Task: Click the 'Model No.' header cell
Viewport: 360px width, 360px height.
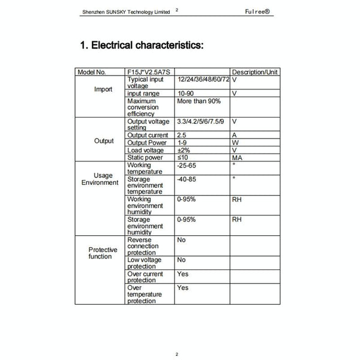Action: point(92,72)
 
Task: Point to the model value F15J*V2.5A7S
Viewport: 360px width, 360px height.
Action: point(148,72)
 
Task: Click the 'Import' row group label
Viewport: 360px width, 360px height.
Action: point(103,89)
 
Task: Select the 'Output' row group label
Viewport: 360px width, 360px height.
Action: point(104,141)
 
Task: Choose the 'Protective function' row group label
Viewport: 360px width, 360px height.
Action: point(103,253)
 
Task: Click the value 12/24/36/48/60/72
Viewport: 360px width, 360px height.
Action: point(203,79)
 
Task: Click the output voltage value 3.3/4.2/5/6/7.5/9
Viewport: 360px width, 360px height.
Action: point(201,121)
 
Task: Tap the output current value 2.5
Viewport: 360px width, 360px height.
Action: point(181,136)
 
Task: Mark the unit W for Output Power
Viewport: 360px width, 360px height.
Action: point(235,143)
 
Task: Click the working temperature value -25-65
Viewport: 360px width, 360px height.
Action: point(188,165)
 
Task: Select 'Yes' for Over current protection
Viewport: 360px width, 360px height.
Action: point(182,274)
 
